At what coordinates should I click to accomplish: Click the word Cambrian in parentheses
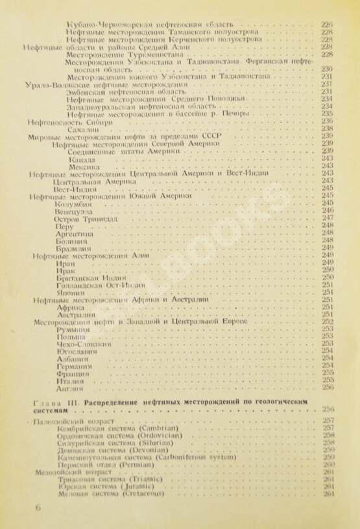point(156,428)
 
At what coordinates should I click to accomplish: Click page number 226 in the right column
point(327,24)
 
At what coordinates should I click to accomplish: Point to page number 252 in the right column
point(328,322)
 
